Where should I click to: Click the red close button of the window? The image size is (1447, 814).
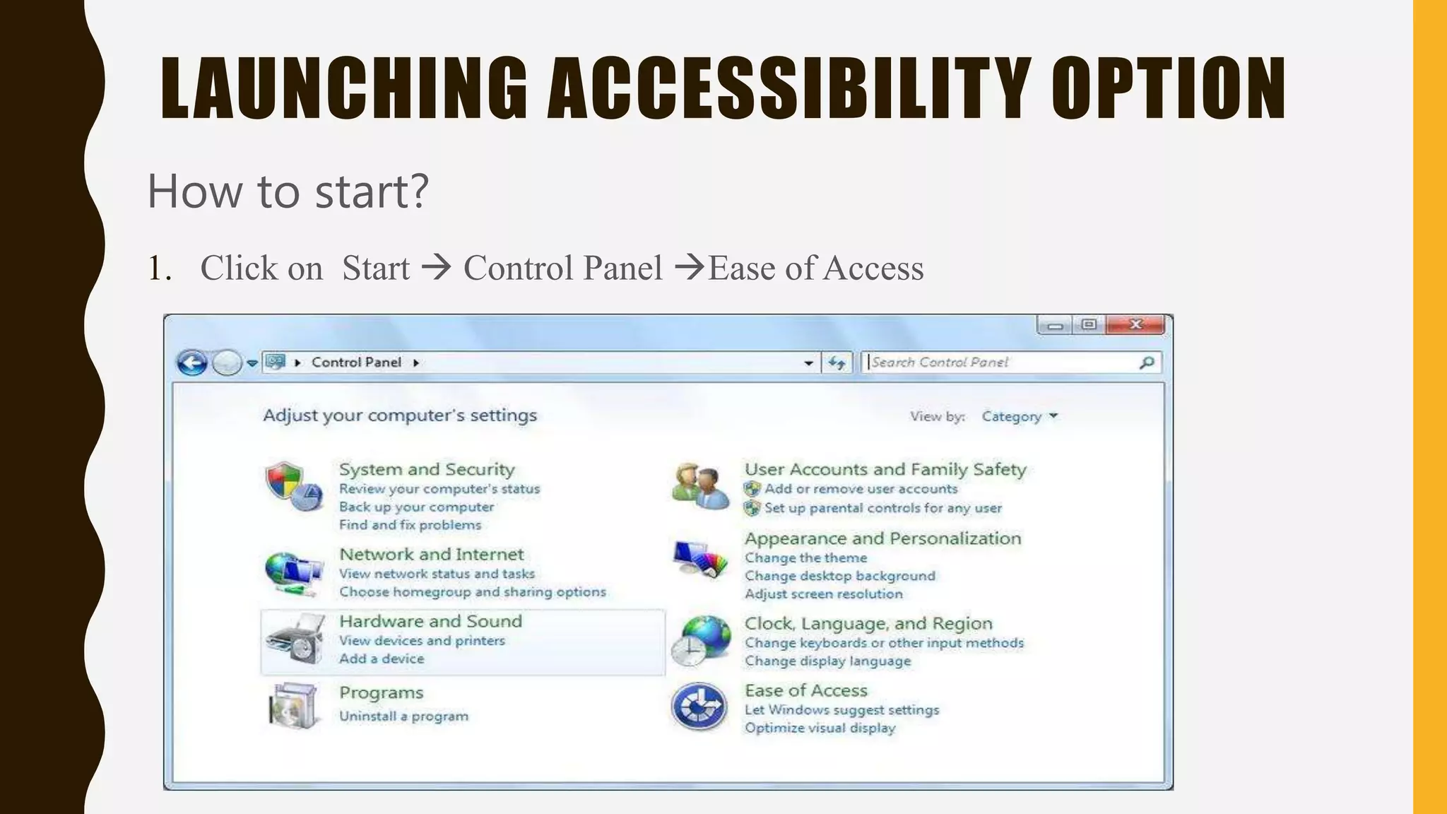click(1135, 324)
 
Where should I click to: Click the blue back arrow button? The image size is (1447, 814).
click(192, 363)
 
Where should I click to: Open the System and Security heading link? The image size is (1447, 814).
click(427, 469)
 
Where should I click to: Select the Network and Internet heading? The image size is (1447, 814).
click(431, 554)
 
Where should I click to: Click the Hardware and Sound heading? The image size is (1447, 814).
click(430, 621)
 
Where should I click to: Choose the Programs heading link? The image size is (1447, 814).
click(381, 692)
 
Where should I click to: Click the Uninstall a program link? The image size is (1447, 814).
click(403, 716)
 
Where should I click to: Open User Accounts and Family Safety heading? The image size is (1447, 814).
click(885, 469)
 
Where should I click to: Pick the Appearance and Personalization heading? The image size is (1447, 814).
click(882, 538)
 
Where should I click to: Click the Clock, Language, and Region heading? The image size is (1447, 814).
click(868, 623)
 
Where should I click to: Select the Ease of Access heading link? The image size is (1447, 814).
click(805, 690)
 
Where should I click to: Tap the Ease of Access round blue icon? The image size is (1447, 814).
click(699, 706)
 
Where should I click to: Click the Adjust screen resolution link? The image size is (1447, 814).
click(823, 594)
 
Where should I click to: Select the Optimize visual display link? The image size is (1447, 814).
click(820, 728)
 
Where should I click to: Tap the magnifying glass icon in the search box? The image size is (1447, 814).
click(1146, 362)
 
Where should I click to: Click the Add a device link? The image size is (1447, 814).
click(382, 659)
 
